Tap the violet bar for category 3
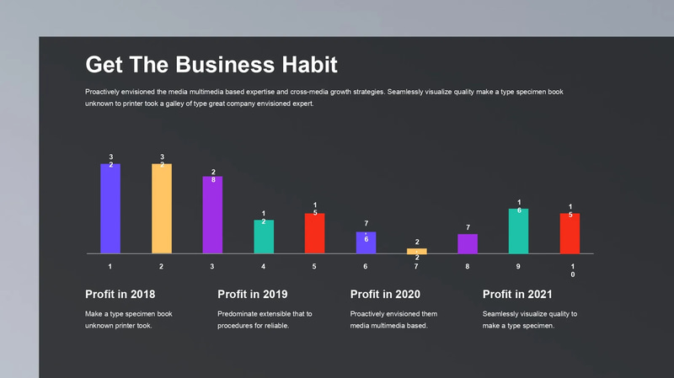click(x=212, y=215)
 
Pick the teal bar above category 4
click(x=264, y=237)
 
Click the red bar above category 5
click(x=314, y=233)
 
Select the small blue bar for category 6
click(x=366, y=242)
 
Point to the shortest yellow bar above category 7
click(x=417, y=251)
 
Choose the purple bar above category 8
click(x=468, y=243)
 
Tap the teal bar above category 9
click(x=519, y=231)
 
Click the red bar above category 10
click(x=570, y=233)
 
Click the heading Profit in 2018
click(x=120, y=295)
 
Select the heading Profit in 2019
click(x=252, y=295)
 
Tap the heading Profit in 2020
click(x=384, y=295)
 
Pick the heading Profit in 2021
click(x=516, y=295)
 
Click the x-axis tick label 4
click(x=264, y=266)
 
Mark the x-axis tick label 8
click(x=468, y=266)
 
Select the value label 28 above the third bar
click(x=213, y=176)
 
